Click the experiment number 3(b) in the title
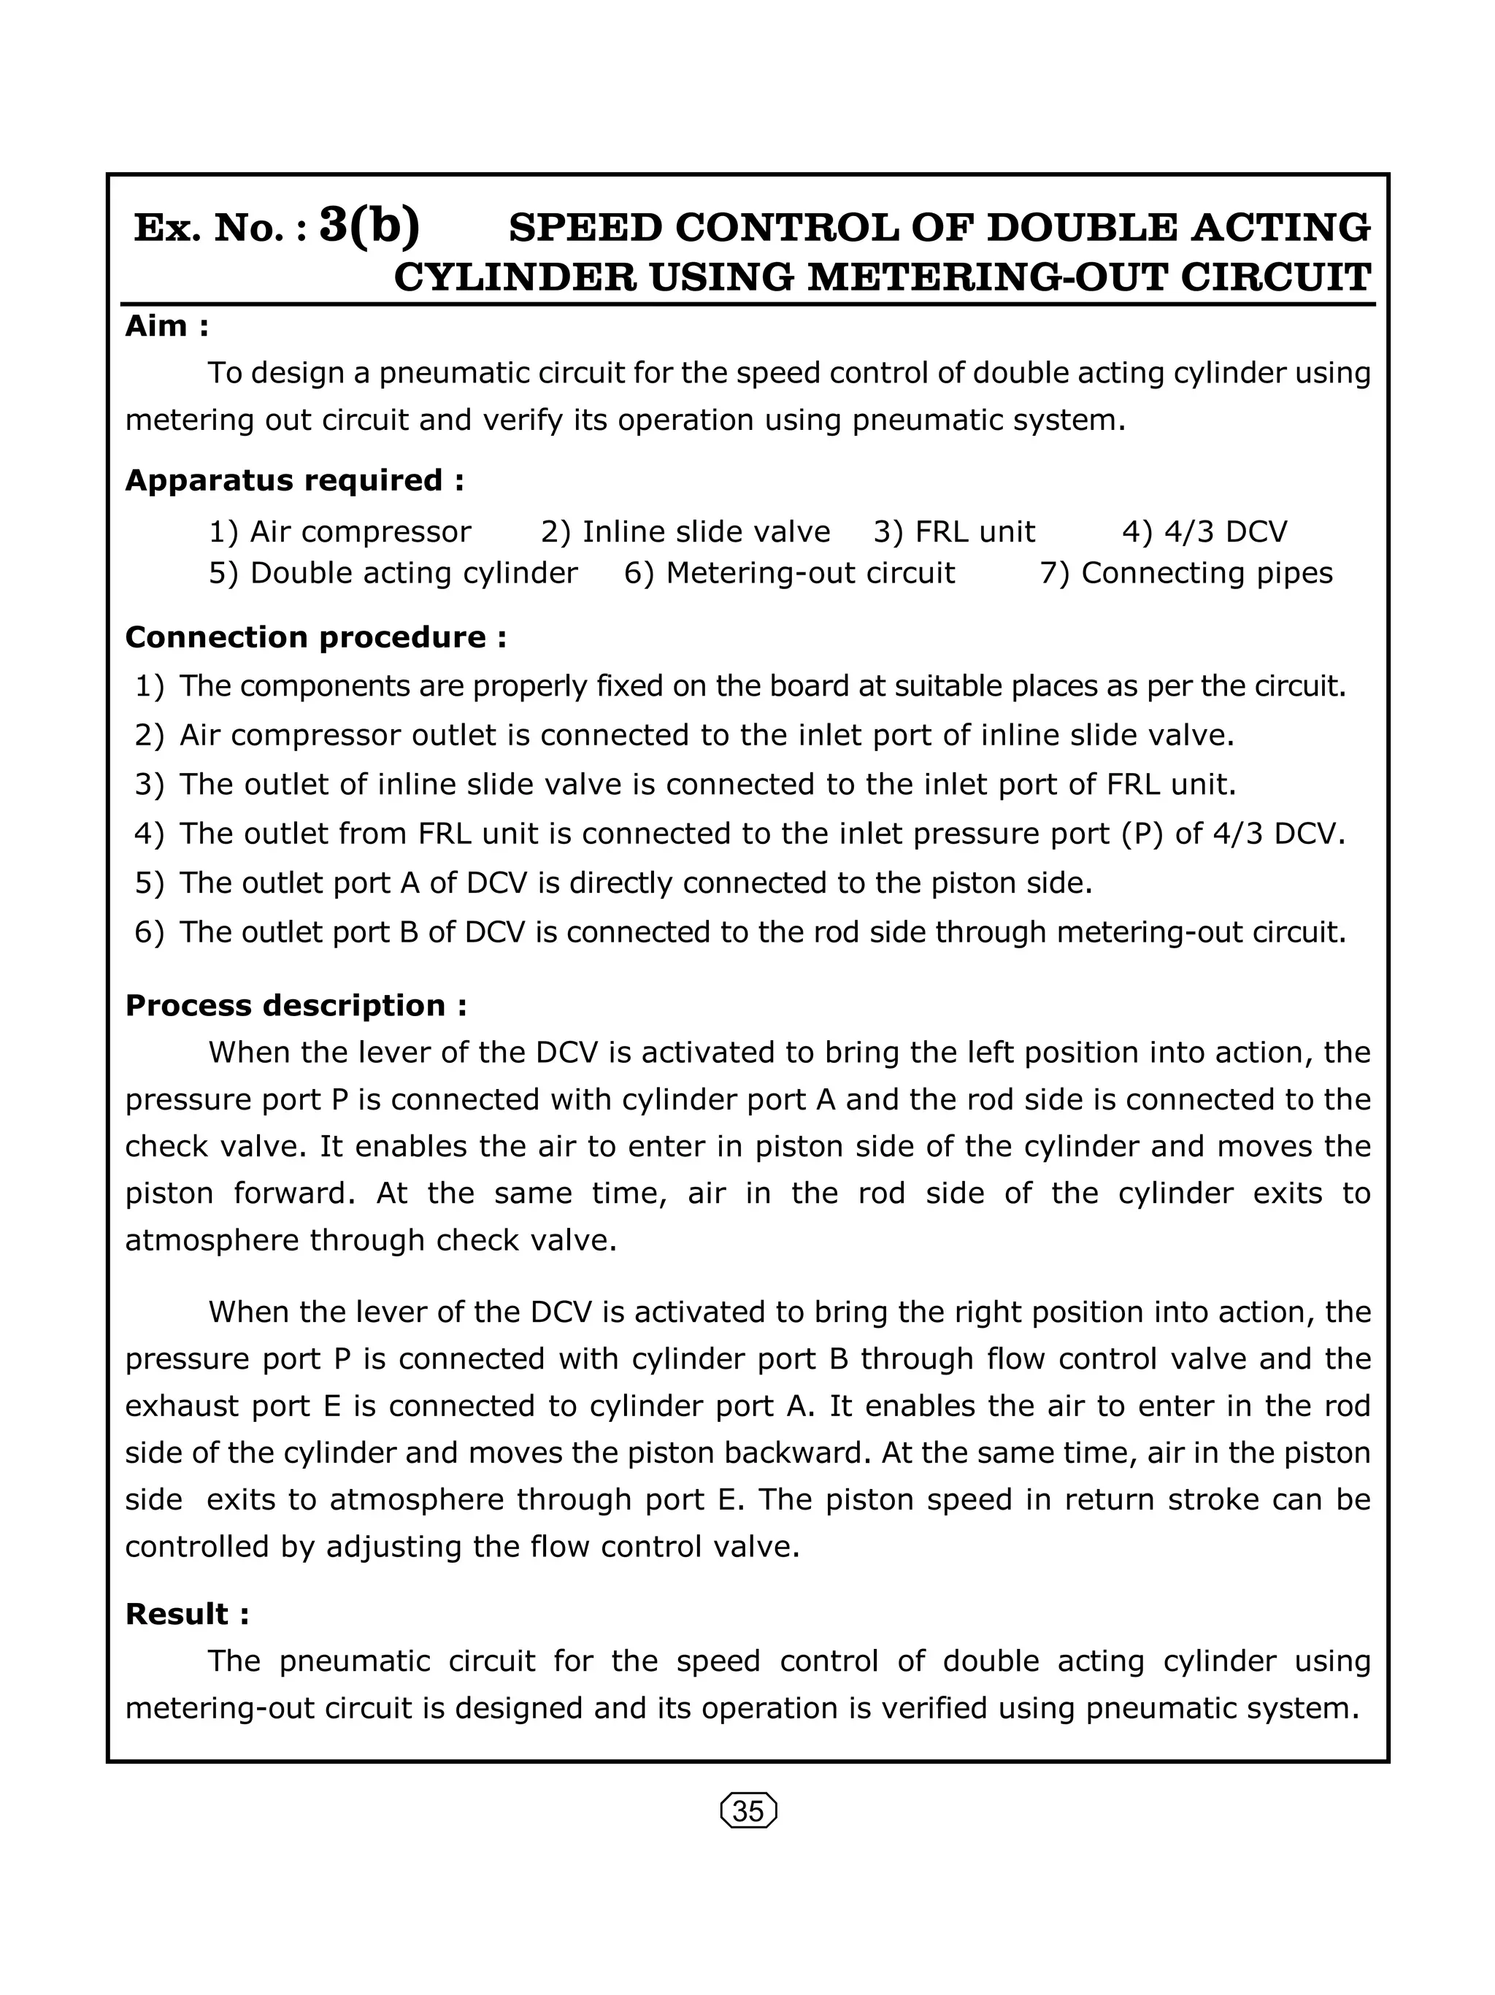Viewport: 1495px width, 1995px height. tap(369, 226)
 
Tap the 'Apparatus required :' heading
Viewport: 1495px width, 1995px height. tap(295, 480)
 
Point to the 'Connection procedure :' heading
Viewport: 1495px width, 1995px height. tap(315, 637)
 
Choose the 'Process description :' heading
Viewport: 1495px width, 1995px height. tap(296, 1004)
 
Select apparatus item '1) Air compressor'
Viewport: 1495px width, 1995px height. tap(340, 532)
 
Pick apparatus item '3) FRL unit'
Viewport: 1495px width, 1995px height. tap(954, 532)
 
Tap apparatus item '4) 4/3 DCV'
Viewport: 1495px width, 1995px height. tap(1204, 532)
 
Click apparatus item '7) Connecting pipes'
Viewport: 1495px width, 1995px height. tap(1185, 573)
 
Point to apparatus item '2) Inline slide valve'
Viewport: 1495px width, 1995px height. tap(685, 532)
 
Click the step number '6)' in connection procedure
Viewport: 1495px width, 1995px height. tap(150, 931)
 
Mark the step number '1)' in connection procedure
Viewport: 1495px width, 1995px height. tap(150, 686)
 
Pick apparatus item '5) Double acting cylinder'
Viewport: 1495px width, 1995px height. tap(393, 573)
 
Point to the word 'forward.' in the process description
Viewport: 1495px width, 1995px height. tap(298, 1193)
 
